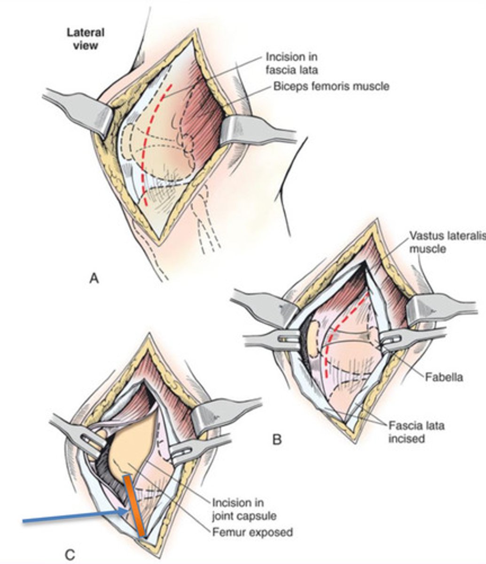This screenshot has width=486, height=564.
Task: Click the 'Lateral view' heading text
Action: pyautogui.click(x=85, y=39)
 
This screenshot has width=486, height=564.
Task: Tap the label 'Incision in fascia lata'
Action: pyautogui.click(x=291, y=63)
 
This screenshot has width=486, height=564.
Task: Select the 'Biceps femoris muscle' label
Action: pyautogui.click(x=331, y=86)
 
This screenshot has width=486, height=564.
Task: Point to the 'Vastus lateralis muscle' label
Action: pyautogui.click(x=447, y=241)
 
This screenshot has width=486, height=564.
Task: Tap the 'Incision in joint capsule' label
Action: pyautogui.click(x=244, y=509)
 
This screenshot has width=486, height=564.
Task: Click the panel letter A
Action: pyautogui.click(x=94, y=279)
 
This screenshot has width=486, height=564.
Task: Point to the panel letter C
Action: pyautogui.click(x=70, y=555)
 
